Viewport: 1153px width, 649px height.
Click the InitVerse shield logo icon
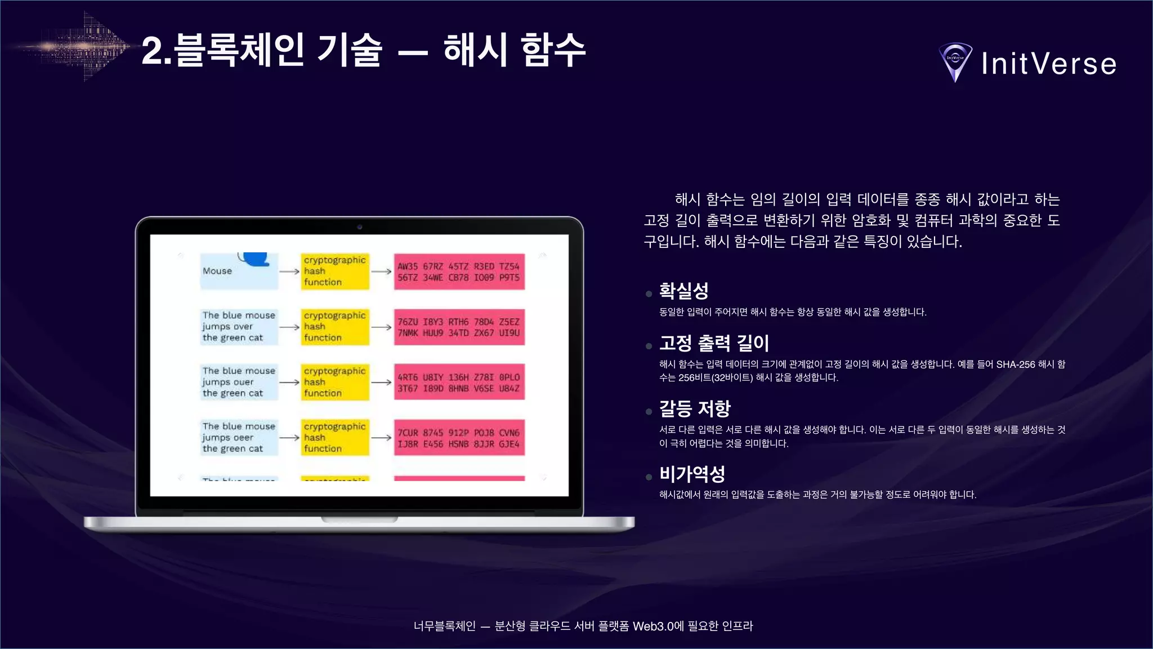click(x=955, y=61)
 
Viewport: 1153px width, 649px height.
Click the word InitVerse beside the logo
click(x=1049, y=64)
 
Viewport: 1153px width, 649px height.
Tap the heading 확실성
click(x=683, y=291)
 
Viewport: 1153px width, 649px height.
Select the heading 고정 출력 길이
click(x=714, y=343)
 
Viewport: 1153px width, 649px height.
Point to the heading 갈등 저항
click(x=695, y=408)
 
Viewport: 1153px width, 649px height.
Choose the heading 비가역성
click(x=692, y=474)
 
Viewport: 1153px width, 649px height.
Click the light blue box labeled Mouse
click(x=239, y=271)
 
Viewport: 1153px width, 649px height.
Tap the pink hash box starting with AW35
click(x=459, y=272)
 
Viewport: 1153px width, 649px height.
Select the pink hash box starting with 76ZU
click(x=459, y=327)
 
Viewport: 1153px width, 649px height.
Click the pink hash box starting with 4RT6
click(x=459, y=383)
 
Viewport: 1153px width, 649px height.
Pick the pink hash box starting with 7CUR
click(x=459, y=438)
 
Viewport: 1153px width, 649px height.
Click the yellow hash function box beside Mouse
click(x=335, y=271)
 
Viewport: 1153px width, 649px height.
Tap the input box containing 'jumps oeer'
click(x=239, y=438)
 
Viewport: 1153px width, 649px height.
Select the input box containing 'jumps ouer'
click(x=239, y=382)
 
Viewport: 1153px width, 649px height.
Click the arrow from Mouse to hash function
click(x=289, y=272)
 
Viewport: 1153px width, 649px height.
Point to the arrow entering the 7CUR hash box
click(x=381, y=438)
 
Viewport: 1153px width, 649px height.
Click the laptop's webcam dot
click(x=360, y=227)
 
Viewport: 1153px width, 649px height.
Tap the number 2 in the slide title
click(x=153, y=51)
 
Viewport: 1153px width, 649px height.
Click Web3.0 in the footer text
click(x=653, y=626)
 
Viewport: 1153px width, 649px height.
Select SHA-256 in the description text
click(x=1016, y=364)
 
